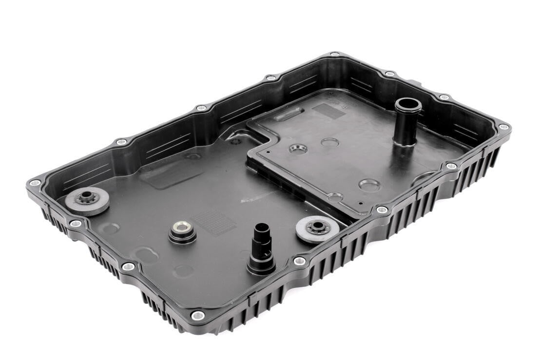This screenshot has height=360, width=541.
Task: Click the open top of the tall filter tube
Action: (407, 105)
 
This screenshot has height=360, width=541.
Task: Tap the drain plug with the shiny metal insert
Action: (182, 228)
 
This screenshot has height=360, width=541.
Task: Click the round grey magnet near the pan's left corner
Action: (87, 200)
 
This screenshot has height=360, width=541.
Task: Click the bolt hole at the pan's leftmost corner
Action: (34, 183)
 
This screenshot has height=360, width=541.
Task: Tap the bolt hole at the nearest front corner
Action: (197, 315)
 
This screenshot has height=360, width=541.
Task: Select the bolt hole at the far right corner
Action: (503, 127)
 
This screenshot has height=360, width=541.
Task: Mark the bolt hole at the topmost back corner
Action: (334, 55)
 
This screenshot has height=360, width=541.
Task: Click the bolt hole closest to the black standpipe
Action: (299, 261)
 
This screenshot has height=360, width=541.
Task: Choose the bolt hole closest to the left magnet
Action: (75, 224)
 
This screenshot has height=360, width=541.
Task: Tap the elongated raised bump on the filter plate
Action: (289, 115)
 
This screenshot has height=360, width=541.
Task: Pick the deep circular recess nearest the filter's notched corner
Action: (298, 149)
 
